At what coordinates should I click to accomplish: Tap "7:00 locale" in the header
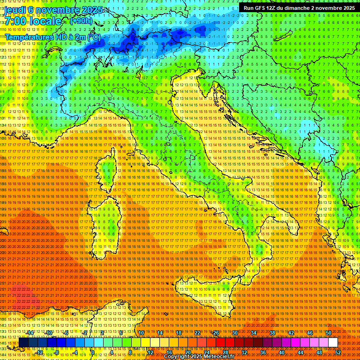pos(33,22)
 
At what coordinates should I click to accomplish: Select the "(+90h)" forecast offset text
pos(81,21)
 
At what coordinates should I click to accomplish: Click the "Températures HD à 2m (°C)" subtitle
pos(52,37)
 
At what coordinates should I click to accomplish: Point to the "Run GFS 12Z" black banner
pos(299,7)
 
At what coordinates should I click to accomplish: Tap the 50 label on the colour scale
pos(329,333)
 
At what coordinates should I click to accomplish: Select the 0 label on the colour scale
pos(93,352)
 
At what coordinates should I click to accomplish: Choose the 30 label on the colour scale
pos(234,333)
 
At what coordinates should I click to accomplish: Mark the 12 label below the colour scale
pos(150,352)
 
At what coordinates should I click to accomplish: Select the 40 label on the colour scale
pos(281,352)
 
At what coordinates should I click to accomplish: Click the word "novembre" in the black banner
pos(328,7)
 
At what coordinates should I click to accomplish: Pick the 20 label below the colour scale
pos(188,352)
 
